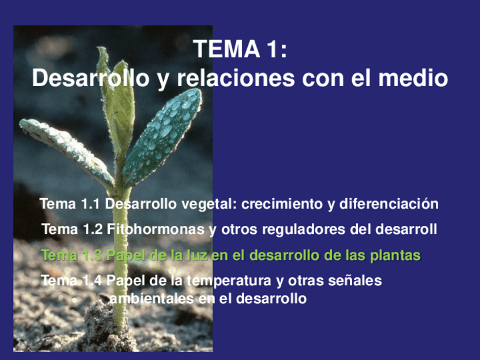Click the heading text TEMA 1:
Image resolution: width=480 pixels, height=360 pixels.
pyautogui.click(x=240, y=49)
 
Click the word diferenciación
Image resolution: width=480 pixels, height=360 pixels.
pyautogui.click(x=389, y=204)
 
